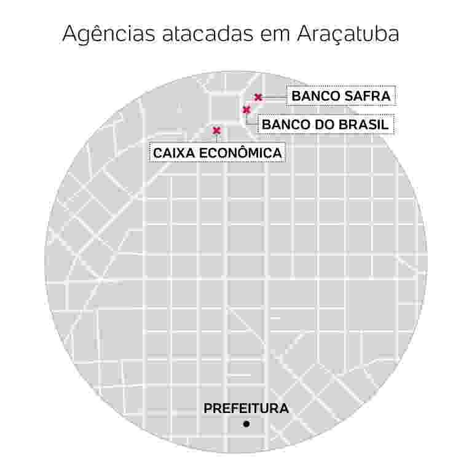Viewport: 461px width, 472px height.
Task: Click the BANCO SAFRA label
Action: (x=341, y=96)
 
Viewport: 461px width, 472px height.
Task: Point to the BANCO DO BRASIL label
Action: (x=325, y=125)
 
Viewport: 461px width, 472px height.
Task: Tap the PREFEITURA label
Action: (x=246, y=408)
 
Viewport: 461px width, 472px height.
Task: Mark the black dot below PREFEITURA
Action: (x=246, y=423)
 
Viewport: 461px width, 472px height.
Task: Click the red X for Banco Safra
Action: (x=258, y=96)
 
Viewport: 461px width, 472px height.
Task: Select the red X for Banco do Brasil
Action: (x=246, y=110)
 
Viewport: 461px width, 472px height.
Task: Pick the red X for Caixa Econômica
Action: (x=216, y=130)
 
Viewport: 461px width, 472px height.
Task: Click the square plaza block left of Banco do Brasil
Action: (x=224, y=108)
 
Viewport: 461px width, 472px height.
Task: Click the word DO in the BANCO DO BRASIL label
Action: (x=321, y=125)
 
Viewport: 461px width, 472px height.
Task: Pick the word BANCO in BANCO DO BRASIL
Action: (x=285, y=125)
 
